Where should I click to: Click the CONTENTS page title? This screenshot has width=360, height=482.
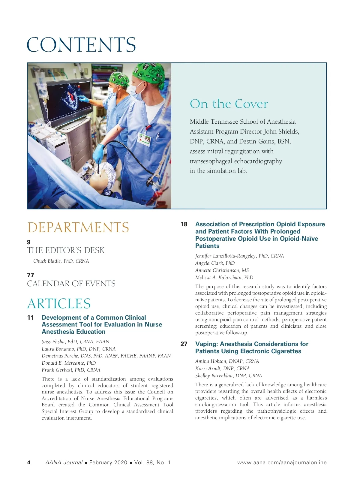(x=81, y=45)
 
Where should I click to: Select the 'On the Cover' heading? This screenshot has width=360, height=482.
(x=229, y=104)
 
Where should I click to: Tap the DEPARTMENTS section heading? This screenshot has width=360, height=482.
(x=78, y=227)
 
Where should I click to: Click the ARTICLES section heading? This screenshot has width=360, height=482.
(x=59, y=304)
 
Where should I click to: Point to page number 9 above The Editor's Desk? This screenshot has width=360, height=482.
(x=29, y=242)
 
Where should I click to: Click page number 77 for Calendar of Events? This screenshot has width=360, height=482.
(x=31, y=275)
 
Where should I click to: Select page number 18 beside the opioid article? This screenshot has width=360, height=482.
(x=184, y=224)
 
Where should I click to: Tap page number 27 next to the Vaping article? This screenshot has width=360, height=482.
(x=184, y=344)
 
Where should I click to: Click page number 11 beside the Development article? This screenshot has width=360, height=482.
(x=31, y=318)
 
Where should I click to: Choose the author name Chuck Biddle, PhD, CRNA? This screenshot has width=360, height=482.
(x=61, y=261)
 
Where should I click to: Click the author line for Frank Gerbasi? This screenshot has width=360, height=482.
(x=71, y=370)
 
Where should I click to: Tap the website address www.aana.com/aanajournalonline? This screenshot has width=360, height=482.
(x=282, y=462)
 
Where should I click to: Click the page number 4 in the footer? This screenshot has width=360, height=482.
(x=29, y=462)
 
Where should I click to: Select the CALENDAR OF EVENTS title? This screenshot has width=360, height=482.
(x=71, y=284)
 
